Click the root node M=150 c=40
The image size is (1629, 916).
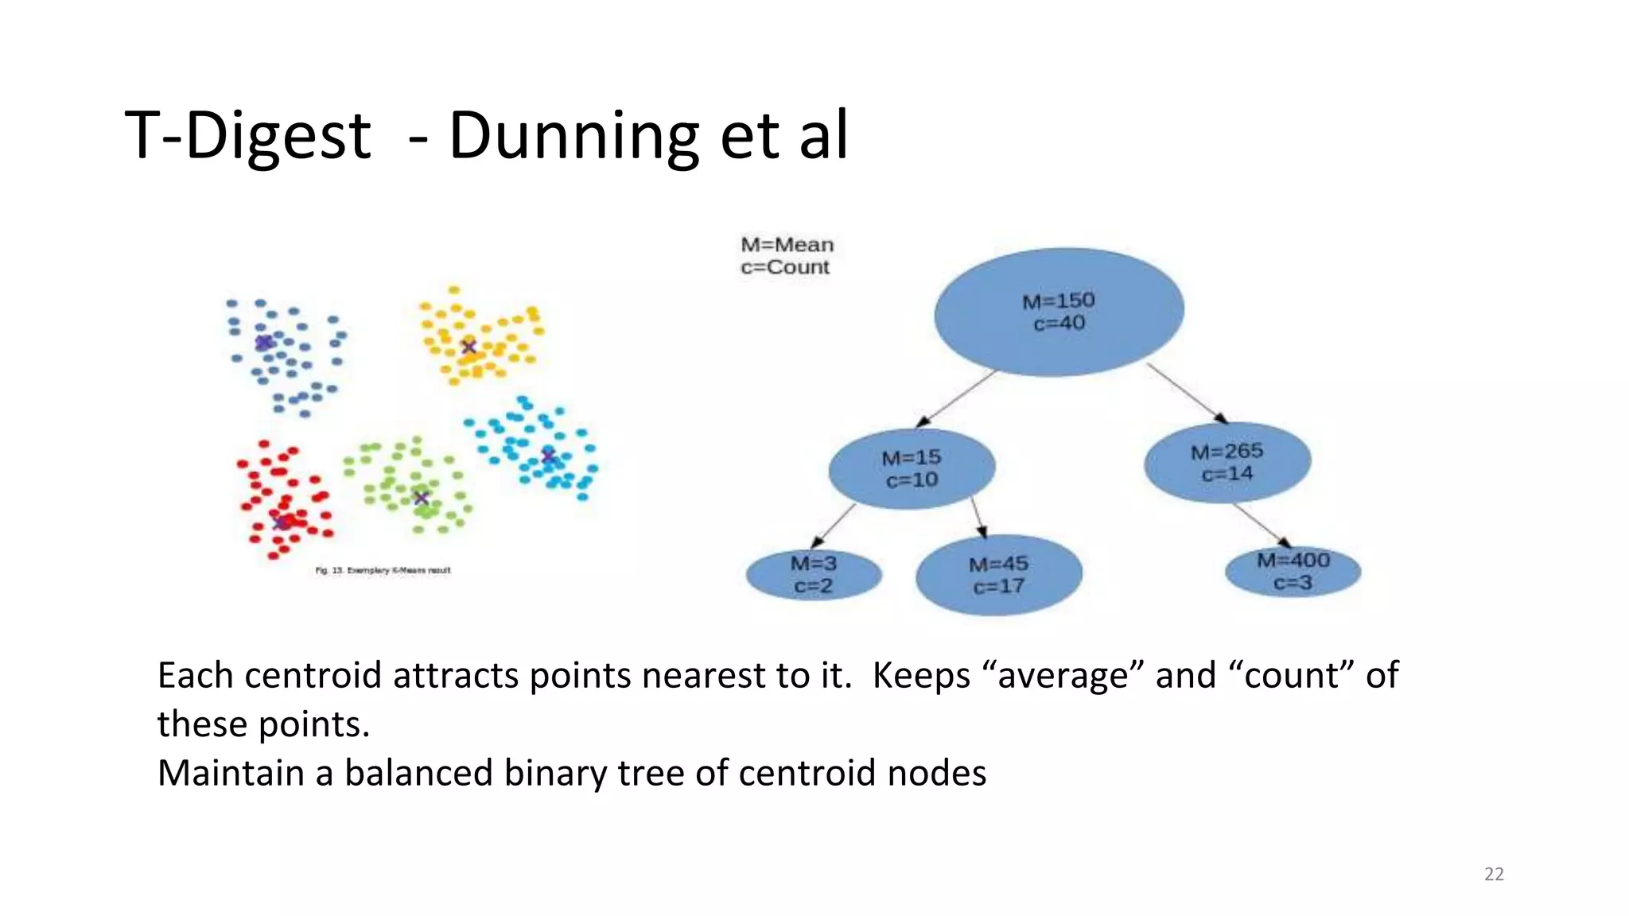click(x=1059, y=312)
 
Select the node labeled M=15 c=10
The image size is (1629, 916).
click(x=912, y=469)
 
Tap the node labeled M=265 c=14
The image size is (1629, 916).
click(x=1227, y=463)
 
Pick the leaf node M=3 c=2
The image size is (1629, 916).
click(x=814, y=575)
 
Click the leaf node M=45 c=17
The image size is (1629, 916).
click(x=998, y=576)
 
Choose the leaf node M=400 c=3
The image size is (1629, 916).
click(x=1293, y=572)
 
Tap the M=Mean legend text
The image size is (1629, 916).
click(x=787, y=245)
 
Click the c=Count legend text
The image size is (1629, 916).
click(x=784, y=268)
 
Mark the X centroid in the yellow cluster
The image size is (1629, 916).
click(x=468, y=346)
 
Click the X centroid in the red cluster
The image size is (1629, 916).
click(x=280, y=522)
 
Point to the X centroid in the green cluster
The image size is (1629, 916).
click(x=422, y=499)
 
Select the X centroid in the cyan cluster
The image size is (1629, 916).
click(x=548, y=455)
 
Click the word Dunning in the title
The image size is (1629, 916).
click(x=573, y=137)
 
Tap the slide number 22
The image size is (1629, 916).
click(x=1494, y=874)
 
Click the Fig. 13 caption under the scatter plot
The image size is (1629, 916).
click(x=383, y=570)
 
